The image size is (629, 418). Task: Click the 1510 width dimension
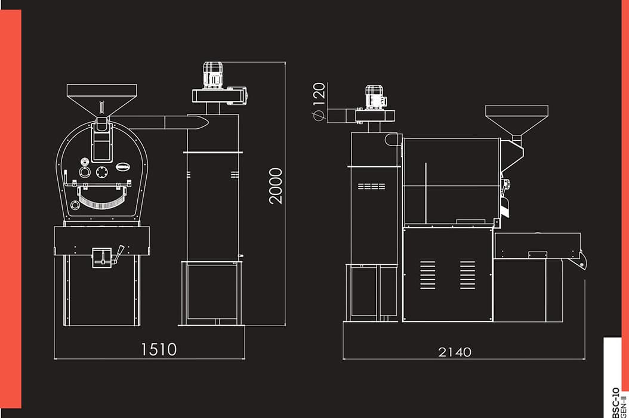click(x=159, y=349)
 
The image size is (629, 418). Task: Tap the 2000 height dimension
click(x=276, y=186)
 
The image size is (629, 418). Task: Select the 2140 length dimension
click(x=455, y=352)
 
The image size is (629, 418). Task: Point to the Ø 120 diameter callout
click(x=319, y=101)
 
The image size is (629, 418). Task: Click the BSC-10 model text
click(x=616, y=402)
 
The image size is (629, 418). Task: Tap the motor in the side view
click(x=375, y=97)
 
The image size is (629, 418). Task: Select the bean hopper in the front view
click(x=102, y=100)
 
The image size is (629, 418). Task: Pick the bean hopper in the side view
click(x=517, y=120)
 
